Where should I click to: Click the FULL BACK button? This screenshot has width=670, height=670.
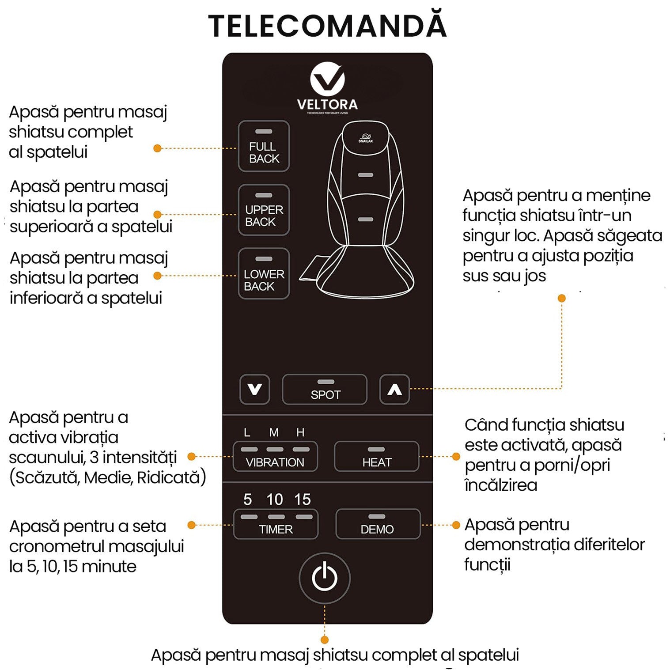click(264, 146)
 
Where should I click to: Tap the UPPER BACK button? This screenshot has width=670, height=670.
click(264, 210)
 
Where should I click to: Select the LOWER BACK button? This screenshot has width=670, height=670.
click(264, 274)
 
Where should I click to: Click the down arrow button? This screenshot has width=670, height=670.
click(254, 389)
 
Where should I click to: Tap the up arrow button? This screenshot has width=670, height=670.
click(394, 389)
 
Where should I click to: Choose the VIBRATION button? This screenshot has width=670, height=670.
click(275, 457)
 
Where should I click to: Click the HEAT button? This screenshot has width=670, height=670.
click(376, 457)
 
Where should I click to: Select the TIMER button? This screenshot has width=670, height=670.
click(276, 524)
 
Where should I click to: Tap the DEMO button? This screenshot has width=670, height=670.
click(378, 524)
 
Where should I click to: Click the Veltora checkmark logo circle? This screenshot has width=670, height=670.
click(327, 80)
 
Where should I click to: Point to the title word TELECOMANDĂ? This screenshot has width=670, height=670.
click(327, 26)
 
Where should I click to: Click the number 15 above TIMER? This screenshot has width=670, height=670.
click(303, 500)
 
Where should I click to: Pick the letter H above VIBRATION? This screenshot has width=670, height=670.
click(300, 432)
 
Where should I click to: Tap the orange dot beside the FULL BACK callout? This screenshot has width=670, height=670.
click(157, 148)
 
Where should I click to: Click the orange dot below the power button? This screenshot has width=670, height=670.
click(325, 640)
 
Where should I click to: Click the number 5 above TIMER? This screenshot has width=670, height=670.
click(247, 500)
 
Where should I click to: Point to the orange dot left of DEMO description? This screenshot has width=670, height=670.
click(456, 525)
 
